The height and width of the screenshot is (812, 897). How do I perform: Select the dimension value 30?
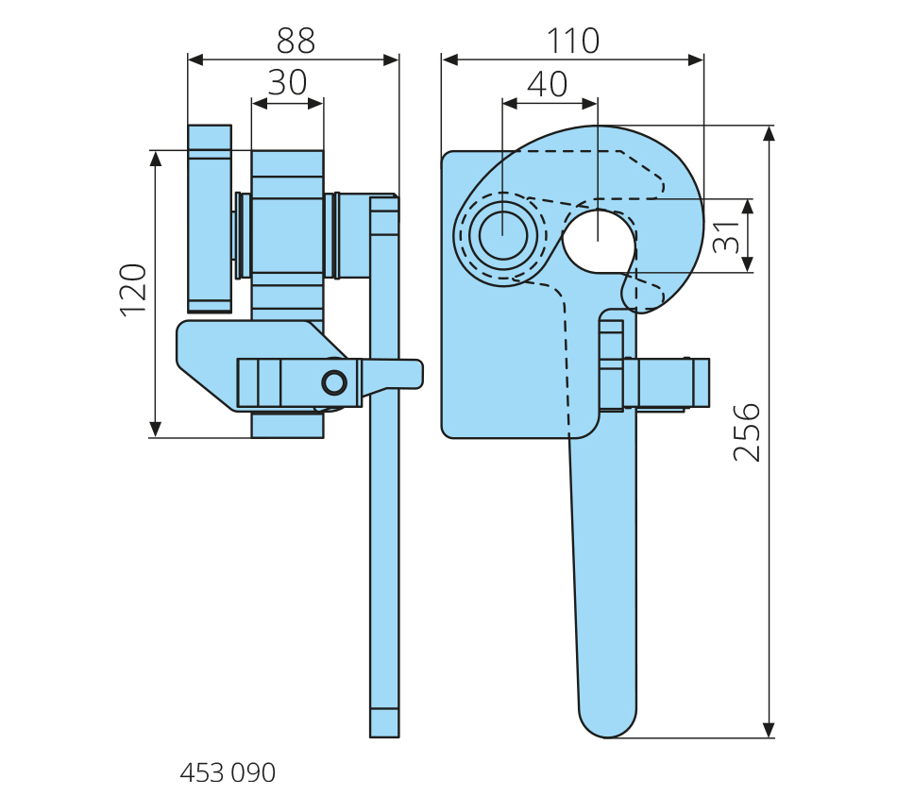click(287, 83)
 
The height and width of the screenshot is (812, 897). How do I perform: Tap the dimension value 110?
click(572, 41)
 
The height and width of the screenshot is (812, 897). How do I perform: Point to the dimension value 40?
click(548, 84)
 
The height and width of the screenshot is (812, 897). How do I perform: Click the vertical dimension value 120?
click(134, 289)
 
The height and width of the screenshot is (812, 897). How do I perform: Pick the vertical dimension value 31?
click(726, 236)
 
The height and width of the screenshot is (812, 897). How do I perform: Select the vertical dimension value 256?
click(747, 431)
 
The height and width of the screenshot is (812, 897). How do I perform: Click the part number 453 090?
click(228, 773)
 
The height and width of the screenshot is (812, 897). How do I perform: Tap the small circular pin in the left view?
click(334, 381)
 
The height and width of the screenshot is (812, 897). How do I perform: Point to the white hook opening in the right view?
click(599, 239)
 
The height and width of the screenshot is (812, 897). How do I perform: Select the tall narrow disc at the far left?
click(210, 218)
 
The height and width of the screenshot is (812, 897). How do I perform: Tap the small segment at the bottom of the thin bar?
click(384, 722)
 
